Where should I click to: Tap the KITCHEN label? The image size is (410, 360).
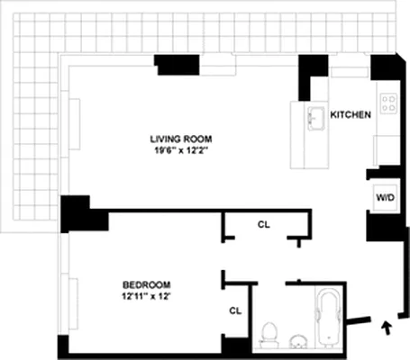[351, 116]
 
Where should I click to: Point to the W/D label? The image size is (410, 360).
[382, 196]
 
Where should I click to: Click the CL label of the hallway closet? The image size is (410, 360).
[263, 224]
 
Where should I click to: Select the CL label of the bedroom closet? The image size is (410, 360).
[235, 310]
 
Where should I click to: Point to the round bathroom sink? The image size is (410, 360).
[297, 341]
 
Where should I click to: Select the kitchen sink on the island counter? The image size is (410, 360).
[315, 118]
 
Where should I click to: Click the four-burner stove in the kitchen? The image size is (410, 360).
[389, 103]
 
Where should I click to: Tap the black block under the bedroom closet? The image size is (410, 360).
[236, 346]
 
